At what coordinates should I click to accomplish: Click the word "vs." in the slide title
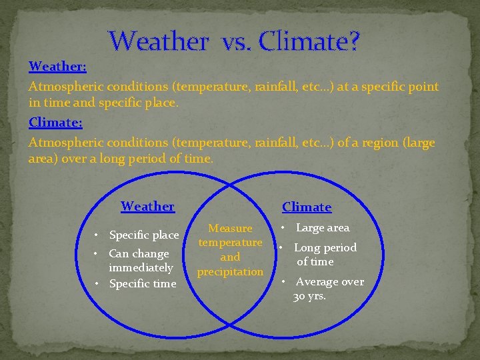click(233, 41)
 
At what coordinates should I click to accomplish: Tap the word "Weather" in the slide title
click(159, 41)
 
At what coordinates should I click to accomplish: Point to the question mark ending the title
click(353, 41)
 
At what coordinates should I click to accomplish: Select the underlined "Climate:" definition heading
click(55, 123)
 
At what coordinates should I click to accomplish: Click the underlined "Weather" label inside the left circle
click(147, 206)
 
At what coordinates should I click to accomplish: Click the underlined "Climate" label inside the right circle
click(307, 207)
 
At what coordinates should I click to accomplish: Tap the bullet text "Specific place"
click(143, 235)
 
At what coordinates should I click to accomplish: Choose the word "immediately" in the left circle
click(141, 267)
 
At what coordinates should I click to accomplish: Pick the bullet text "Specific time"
click(142, 283)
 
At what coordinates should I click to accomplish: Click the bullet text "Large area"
click(323, 227)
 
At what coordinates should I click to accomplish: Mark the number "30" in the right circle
click(299, 296)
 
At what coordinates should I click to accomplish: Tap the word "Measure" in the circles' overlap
click(231, 228)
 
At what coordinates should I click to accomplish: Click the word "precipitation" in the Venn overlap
click(231, 271)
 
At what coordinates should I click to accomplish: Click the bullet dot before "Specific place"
click(97, 235)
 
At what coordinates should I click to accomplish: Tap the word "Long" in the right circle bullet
click(307, 247)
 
